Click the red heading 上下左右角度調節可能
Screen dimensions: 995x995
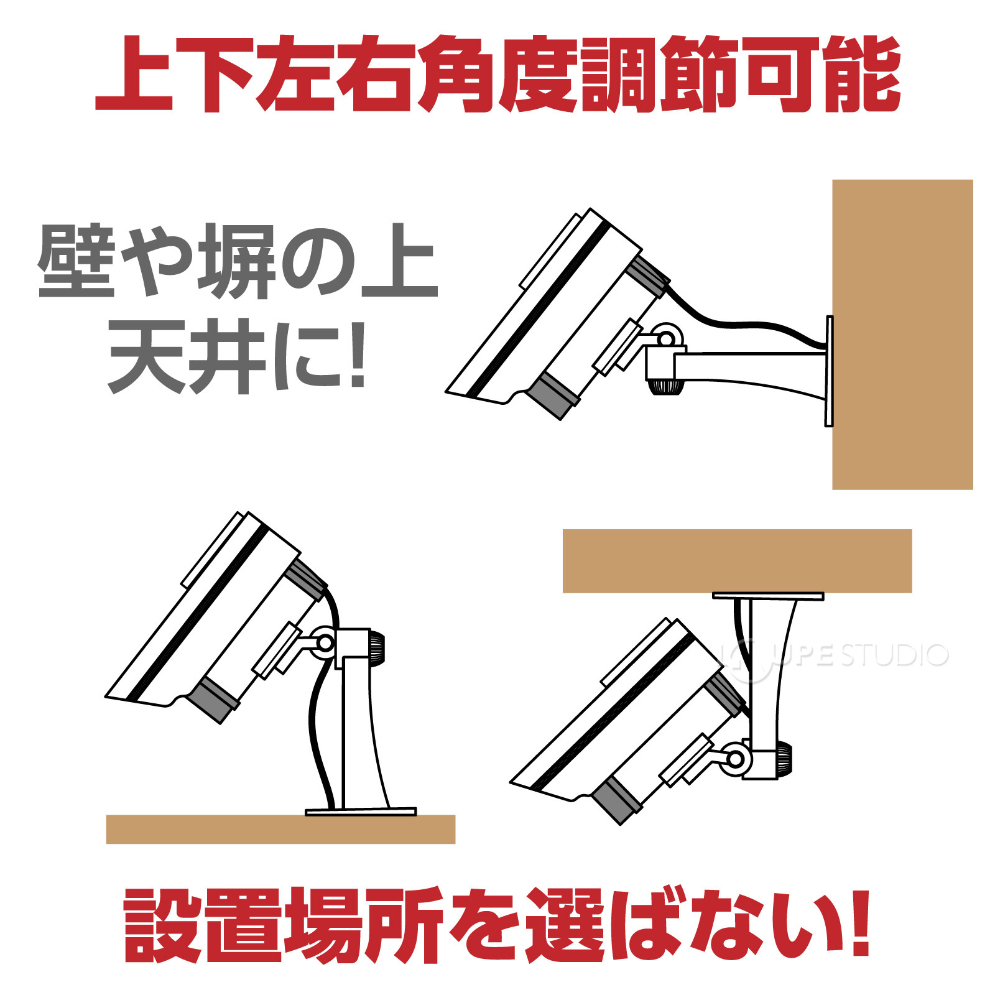click(x=497, y=75)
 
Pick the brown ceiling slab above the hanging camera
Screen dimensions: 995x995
click(x=737, y=560)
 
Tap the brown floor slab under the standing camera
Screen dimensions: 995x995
click(x=280, y=829)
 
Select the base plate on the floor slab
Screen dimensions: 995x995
click(x=361, y=812)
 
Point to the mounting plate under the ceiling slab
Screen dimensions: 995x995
click(x=768, y=596)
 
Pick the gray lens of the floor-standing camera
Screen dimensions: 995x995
click(x=211, y=700)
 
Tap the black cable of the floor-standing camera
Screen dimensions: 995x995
click(x=317, y=734)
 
